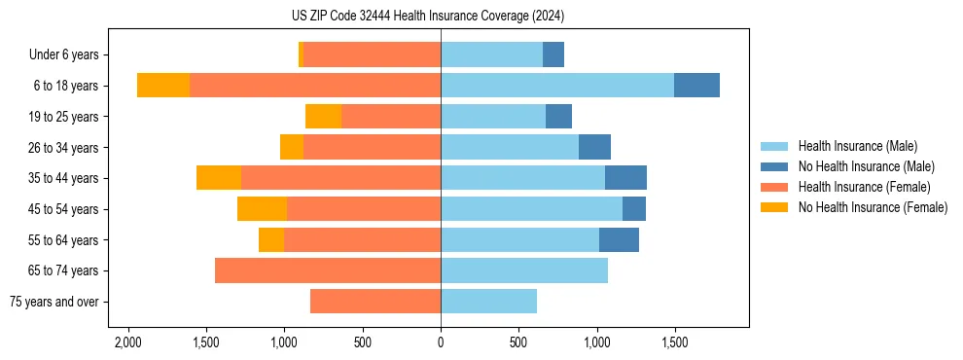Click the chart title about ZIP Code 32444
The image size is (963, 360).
[441, 17]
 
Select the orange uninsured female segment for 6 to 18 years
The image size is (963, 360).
[163, 86]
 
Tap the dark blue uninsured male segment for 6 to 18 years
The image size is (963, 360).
[696, 86]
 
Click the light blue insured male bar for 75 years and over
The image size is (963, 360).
[488, 302]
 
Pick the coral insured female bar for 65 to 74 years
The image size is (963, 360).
[328, 270]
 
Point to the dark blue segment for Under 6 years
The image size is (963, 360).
[553, 55]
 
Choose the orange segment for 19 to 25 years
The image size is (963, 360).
[323, 117]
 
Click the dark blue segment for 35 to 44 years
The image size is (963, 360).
[625, 178]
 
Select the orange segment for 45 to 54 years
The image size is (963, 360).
[262, 209]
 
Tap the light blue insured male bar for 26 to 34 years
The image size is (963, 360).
[510, 148]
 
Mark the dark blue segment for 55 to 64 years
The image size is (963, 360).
[619, 240]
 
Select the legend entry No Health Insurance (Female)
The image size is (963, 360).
[873, 207]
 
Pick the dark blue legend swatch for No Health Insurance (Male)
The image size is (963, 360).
[774, 166]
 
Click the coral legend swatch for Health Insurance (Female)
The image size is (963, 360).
[774, 187]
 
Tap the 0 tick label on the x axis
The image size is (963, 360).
[441, 343]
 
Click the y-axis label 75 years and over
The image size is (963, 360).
[53, 302]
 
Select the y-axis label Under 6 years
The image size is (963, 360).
[69, 55]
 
